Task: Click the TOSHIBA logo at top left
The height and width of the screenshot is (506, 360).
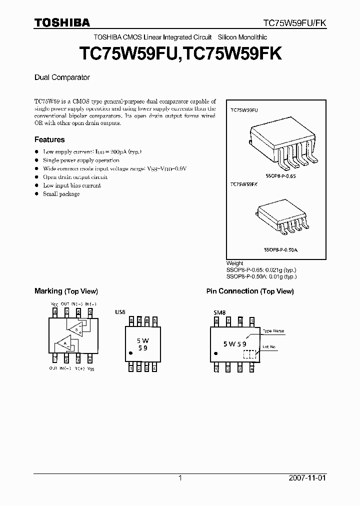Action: [x=62, y=23]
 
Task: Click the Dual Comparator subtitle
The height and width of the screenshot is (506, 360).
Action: [x=62, y=77]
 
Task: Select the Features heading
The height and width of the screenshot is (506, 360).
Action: [x=49, y=140]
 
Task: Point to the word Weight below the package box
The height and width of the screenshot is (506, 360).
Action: [x=235, y=263]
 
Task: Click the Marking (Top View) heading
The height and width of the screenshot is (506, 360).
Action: [x=66, y=291]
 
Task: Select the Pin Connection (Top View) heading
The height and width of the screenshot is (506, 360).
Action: [x=250, y=291]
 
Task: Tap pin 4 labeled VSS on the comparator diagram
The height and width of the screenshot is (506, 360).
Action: [x=90, y=358]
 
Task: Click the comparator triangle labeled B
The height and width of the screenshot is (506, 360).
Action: [x=75, y=328]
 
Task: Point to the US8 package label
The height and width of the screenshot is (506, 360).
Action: [x=120, y=312]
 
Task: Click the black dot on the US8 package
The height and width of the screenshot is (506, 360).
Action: [x=131, y=353]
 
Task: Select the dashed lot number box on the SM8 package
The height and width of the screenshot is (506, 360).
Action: [x=249, y=354]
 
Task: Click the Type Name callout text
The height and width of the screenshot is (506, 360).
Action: [x=273, y=331]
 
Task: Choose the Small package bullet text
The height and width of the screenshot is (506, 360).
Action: [x=61, y=194]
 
